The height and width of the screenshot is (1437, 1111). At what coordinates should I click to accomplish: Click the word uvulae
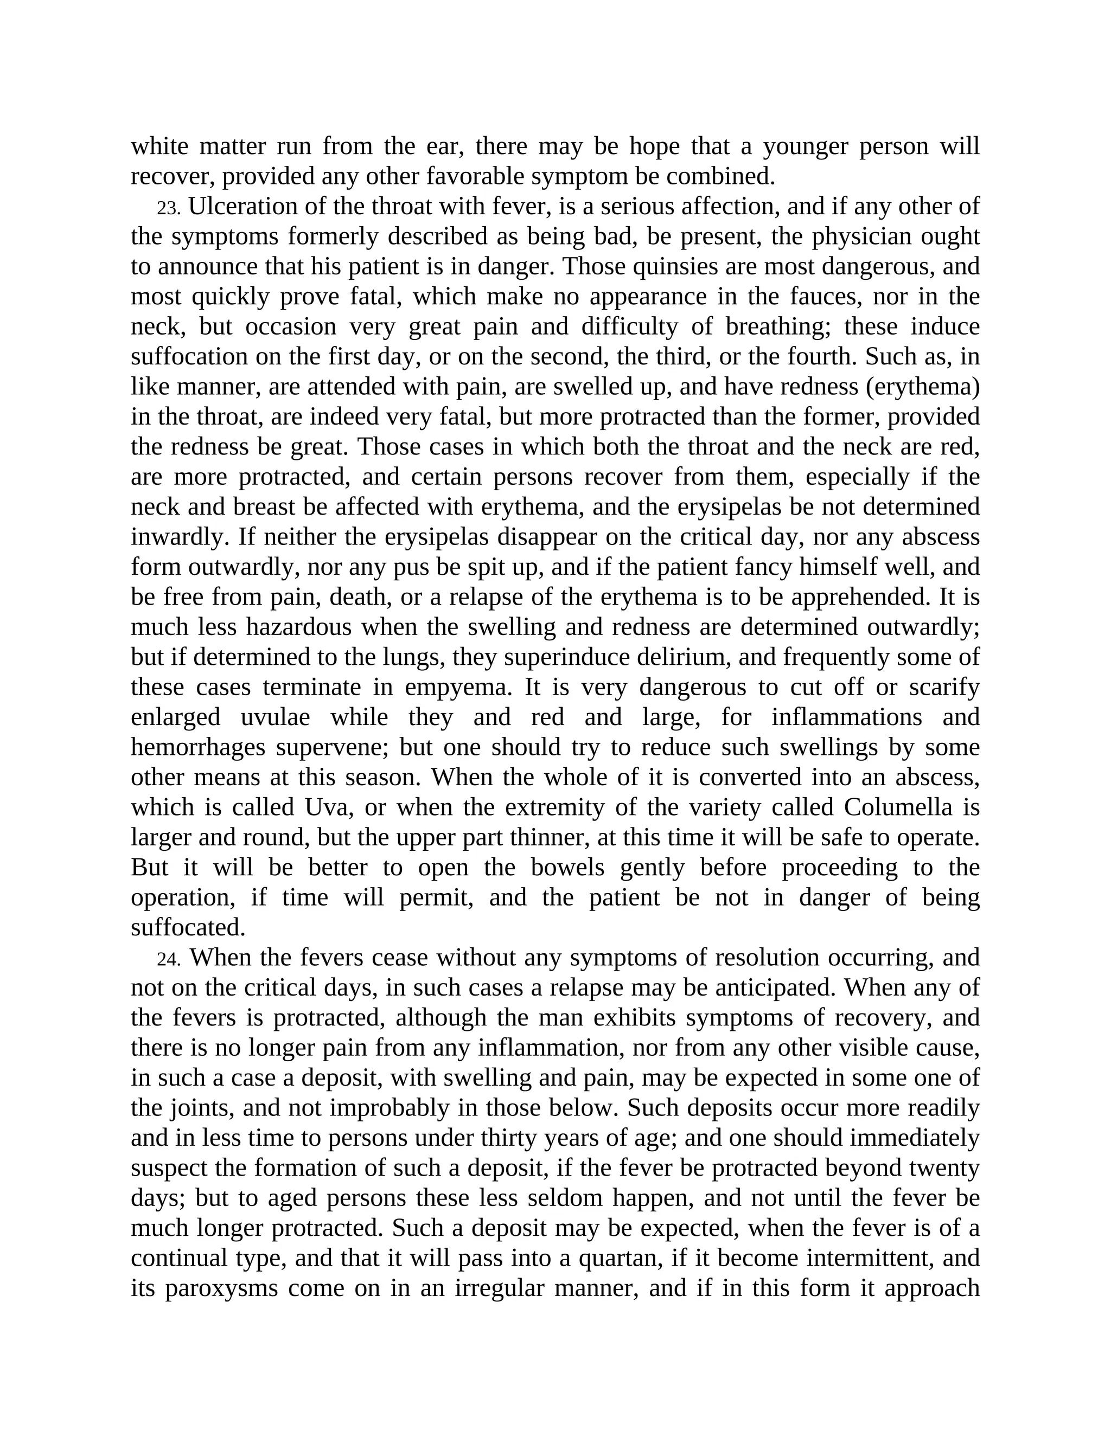coord(275,717)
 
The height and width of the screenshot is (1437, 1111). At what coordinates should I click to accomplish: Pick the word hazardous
coord(299,627)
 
